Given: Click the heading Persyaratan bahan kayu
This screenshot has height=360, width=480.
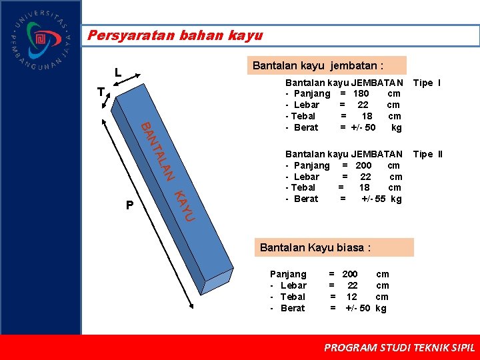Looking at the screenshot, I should tap(175, 35).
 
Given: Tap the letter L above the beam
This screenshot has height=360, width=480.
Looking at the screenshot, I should tap(117, 73).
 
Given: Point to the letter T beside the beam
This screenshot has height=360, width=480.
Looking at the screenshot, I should tap(100, 93).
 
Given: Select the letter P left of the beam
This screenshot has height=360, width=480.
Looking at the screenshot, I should tap(130, 205).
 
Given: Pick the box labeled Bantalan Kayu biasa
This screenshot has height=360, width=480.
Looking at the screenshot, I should tap(335, 247).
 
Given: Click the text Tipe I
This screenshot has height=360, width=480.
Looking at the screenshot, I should tap(427, 83).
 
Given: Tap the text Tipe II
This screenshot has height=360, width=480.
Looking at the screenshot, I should tap(427, 155).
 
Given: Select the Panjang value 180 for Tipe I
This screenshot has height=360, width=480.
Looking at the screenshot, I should tap(361, 94).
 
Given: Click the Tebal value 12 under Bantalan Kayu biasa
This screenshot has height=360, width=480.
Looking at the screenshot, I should tap(351, 297).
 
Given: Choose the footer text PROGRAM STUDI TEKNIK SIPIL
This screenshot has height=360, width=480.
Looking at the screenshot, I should tap(399, 347).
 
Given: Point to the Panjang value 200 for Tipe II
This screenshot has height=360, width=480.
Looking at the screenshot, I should tap(364, 165).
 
